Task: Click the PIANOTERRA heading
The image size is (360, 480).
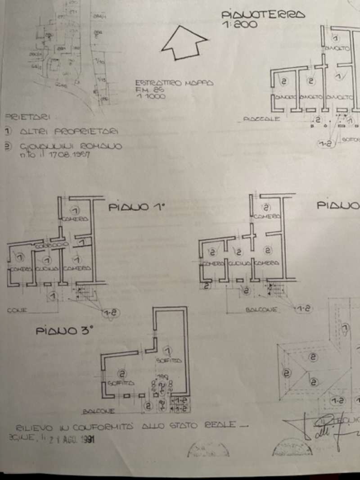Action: (263, 15)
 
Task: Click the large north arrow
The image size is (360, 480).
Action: (184, 42)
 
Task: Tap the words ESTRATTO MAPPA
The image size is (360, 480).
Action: (173, 83)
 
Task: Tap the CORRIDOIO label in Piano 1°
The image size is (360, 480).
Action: (51, 245)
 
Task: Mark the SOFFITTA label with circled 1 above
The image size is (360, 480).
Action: (168, 360)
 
